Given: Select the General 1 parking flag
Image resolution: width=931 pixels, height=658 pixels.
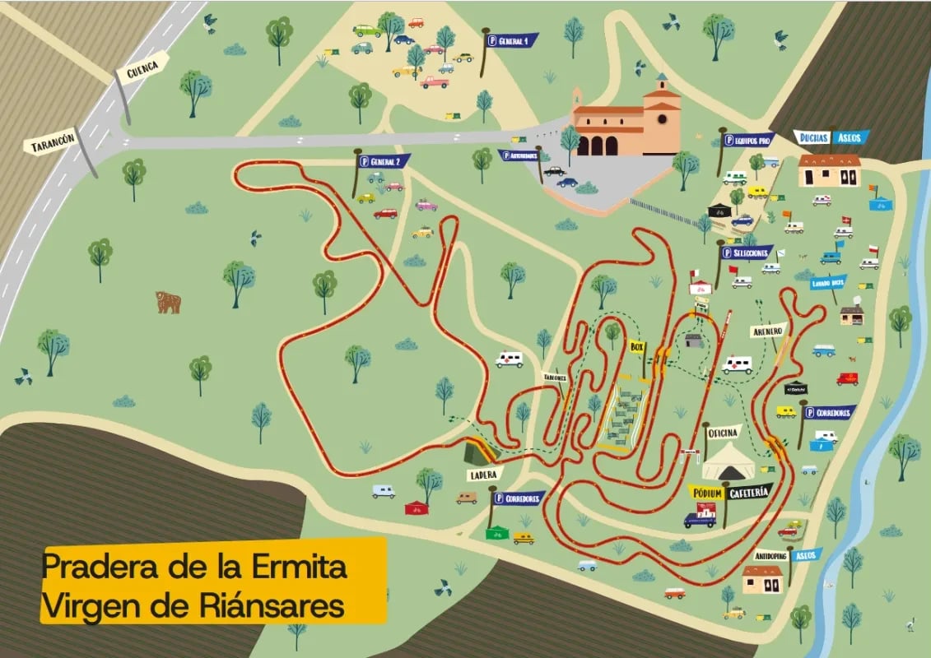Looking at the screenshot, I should [511, 39].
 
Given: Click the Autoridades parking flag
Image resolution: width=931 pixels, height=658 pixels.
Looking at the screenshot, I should [519, 155].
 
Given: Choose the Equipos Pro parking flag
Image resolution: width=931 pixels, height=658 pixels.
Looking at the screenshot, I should [747, 140].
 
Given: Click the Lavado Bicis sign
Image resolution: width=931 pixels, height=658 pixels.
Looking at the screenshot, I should [827, 282].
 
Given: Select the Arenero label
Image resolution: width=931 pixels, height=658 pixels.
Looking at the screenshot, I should [766, 331].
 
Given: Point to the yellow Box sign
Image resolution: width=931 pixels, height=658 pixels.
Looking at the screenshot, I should [636, 347].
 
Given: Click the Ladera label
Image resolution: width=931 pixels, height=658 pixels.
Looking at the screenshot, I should [484, 475].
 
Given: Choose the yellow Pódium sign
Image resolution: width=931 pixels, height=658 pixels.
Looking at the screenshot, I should [706, 493].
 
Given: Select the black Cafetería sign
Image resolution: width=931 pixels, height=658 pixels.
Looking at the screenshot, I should [750, 491].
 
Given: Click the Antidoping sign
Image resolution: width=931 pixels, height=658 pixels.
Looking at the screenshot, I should [771, 554].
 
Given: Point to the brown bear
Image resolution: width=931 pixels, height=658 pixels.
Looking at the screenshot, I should [168, 302].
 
